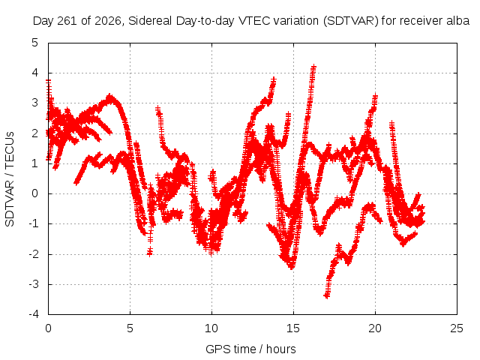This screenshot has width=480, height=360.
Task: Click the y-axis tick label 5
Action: (x=35, y=43)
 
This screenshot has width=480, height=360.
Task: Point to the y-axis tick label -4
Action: (x=33, y=314)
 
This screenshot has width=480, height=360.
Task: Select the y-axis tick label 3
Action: (x=35, y=103)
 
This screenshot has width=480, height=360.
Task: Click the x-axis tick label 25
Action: (x=457, y=328)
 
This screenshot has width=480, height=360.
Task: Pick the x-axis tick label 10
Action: (x=211, y=328)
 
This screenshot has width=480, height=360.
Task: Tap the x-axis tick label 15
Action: (x=293, y=328)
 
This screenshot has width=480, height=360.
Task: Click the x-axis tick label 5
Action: (x=130, y=328)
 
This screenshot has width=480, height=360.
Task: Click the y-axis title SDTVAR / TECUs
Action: (x=10, y=179)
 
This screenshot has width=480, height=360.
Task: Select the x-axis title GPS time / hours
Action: (x=250, y=349)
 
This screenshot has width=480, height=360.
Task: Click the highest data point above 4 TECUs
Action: (x=313, y=66)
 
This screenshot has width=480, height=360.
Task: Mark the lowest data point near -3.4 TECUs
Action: (x=327, y=295)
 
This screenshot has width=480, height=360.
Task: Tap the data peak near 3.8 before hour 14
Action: (x=273, y=79)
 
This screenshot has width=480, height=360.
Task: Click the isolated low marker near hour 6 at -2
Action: (x=150, y=253)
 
